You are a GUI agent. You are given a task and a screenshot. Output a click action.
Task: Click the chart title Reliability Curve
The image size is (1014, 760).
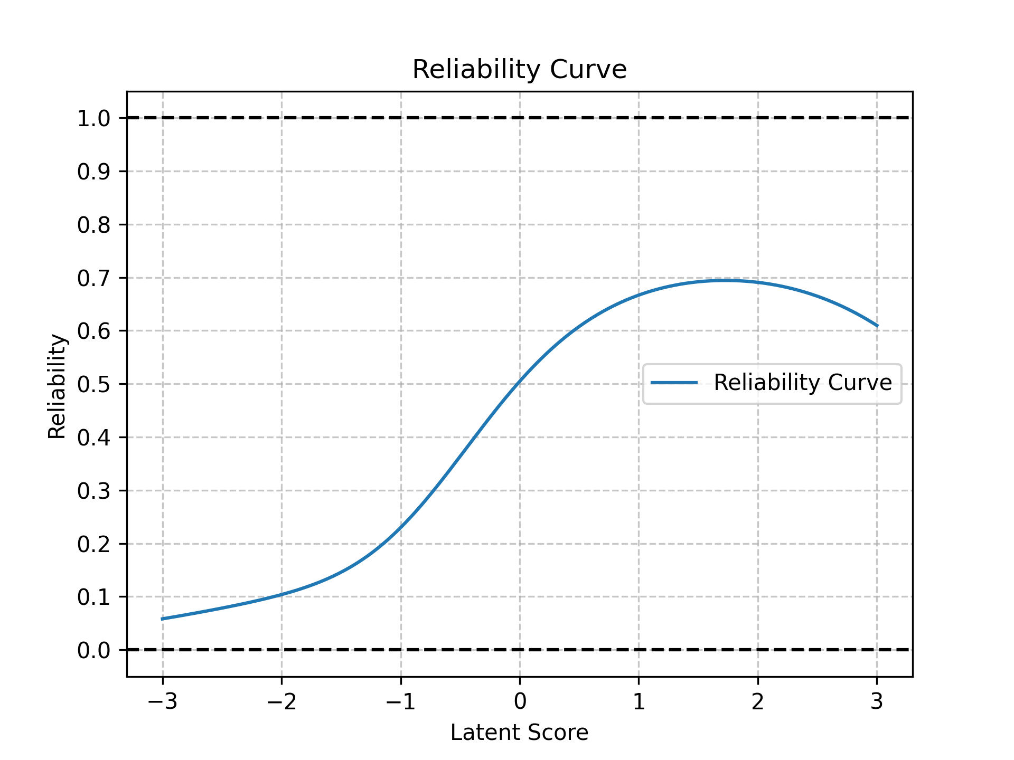pos(519,70)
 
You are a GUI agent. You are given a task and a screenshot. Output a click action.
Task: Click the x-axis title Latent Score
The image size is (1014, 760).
pos(519,733)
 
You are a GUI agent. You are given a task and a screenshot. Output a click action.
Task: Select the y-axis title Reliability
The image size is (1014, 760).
pos(57,386)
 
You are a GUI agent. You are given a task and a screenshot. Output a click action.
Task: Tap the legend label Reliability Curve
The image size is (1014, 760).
pos(803,383)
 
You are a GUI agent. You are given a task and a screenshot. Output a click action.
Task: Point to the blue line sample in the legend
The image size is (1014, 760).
pos(674,383)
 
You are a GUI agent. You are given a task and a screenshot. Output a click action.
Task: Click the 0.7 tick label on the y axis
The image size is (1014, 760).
pos(93,278)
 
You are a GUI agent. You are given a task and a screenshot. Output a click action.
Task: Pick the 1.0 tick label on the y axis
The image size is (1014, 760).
pos(93,118)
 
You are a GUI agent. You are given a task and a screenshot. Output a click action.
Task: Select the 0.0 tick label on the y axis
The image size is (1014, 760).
pos(93,650)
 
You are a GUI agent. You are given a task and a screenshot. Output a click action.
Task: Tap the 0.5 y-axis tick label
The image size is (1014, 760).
pos(93,385)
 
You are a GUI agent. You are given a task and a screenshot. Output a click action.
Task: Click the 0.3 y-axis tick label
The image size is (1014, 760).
pos(93,491)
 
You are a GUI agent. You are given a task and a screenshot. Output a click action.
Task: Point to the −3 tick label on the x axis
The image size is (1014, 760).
pos(162,702)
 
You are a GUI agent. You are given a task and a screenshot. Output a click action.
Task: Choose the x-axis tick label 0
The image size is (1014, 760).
pos(520,702)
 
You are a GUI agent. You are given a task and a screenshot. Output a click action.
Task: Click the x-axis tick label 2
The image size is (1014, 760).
pos(758,702)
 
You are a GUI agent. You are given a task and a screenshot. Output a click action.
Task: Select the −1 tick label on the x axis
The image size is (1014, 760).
pos(400,702)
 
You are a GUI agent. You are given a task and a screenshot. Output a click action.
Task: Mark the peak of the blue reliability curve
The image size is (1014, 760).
pos(726,280)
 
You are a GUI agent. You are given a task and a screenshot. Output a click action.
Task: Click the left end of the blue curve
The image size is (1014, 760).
pos(163,619)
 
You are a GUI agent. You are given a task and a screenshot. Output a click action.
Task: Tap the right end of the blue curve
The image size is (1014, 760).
pos(877,326)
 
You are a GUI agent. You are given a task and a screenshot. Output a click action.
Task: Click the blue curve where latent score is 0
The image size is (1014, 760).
pos(520,381)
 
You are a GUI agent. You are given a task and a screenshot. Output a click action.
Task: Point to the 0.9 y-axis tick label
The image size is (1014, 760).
pos(93,172)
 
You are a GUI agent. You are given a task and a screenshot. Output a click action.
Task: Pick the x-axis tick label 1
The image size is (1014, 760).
pos(639,702)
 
